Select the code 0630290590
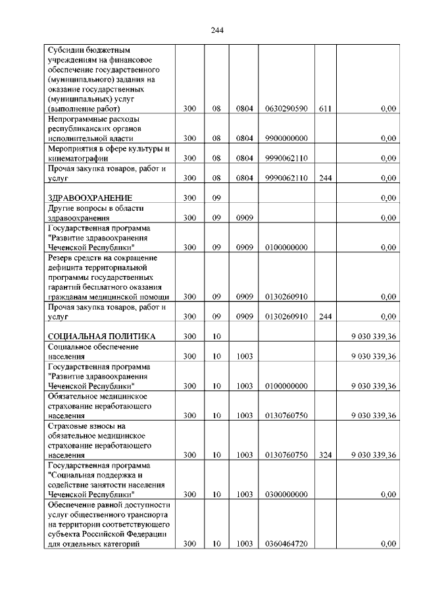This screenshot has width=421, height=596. (286, 109)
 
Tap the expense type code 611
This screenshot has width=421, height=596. (325, 109)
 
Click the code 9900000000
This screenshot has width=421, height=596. (286, 138)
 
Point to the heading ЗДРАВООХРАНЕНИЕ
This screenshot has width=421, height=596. (90, 198)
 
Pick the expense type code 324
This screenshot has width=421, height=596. (325, 455)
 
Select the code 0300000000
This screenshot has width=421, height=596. (286, 495)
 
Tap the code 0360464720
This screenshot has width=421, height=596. (286, 544)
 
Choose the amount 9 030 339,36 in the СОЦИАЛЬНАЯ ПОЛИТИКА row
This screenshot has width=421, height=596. (373, 337)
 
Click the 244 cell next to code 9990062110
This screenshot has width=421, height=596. (325, 178)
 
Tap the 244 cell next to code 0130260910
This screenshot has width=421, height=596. (325, 317)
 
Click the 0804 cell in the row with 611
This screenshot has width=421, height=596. (245, 109)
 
